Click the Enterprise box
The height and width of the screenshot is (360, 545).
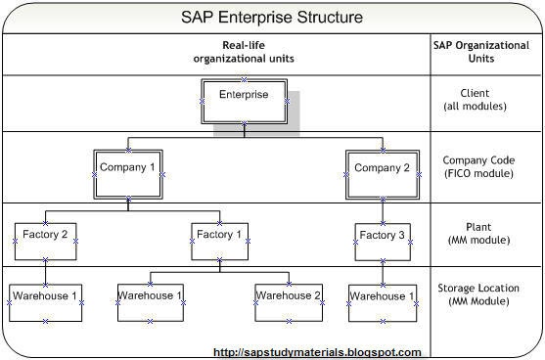243,96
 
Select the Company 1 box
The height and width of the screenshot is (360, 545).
127,168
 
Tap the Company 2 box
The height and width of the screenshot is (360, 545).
381,168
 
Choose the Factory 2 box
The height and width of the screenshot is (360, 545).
45,236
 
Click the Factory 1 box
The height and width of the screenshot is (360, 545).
220,236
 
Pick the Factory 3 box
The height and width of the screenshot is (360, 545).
382,236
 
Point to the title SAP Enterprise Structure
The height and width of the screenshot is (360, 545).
272,18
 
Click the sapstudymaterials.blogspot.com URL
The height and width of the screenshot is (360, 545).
317,352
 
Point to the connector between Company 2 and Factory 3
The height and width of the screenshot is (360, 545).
382,209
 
